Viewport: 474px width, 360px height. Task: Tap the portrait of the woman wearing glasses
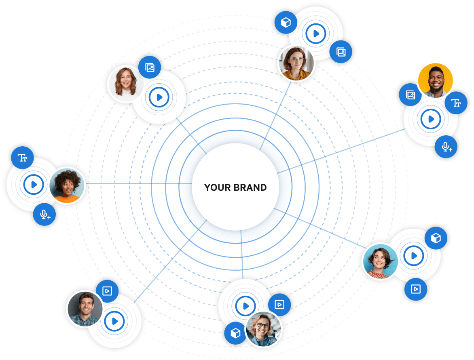(263, 329)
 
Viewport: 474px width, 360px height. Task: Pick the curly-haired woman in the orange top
(67, 185)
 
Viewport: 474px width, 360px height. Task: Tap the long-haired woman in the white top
(125, 83)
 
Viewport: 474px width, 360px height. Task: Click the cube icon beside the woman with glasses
(235, 333)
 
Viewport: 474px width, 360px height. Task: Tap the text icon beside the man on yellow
(456, 103)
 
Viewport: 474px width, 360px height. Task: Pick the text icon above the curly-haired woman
(23, 158)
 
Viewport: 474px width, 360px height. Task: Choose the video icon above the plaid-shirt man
(107, 291)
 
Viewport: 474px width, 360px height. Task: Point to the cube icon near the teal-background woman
(436, 238)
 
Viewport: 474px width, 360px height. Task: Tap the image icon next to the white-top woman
(150, 67)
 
